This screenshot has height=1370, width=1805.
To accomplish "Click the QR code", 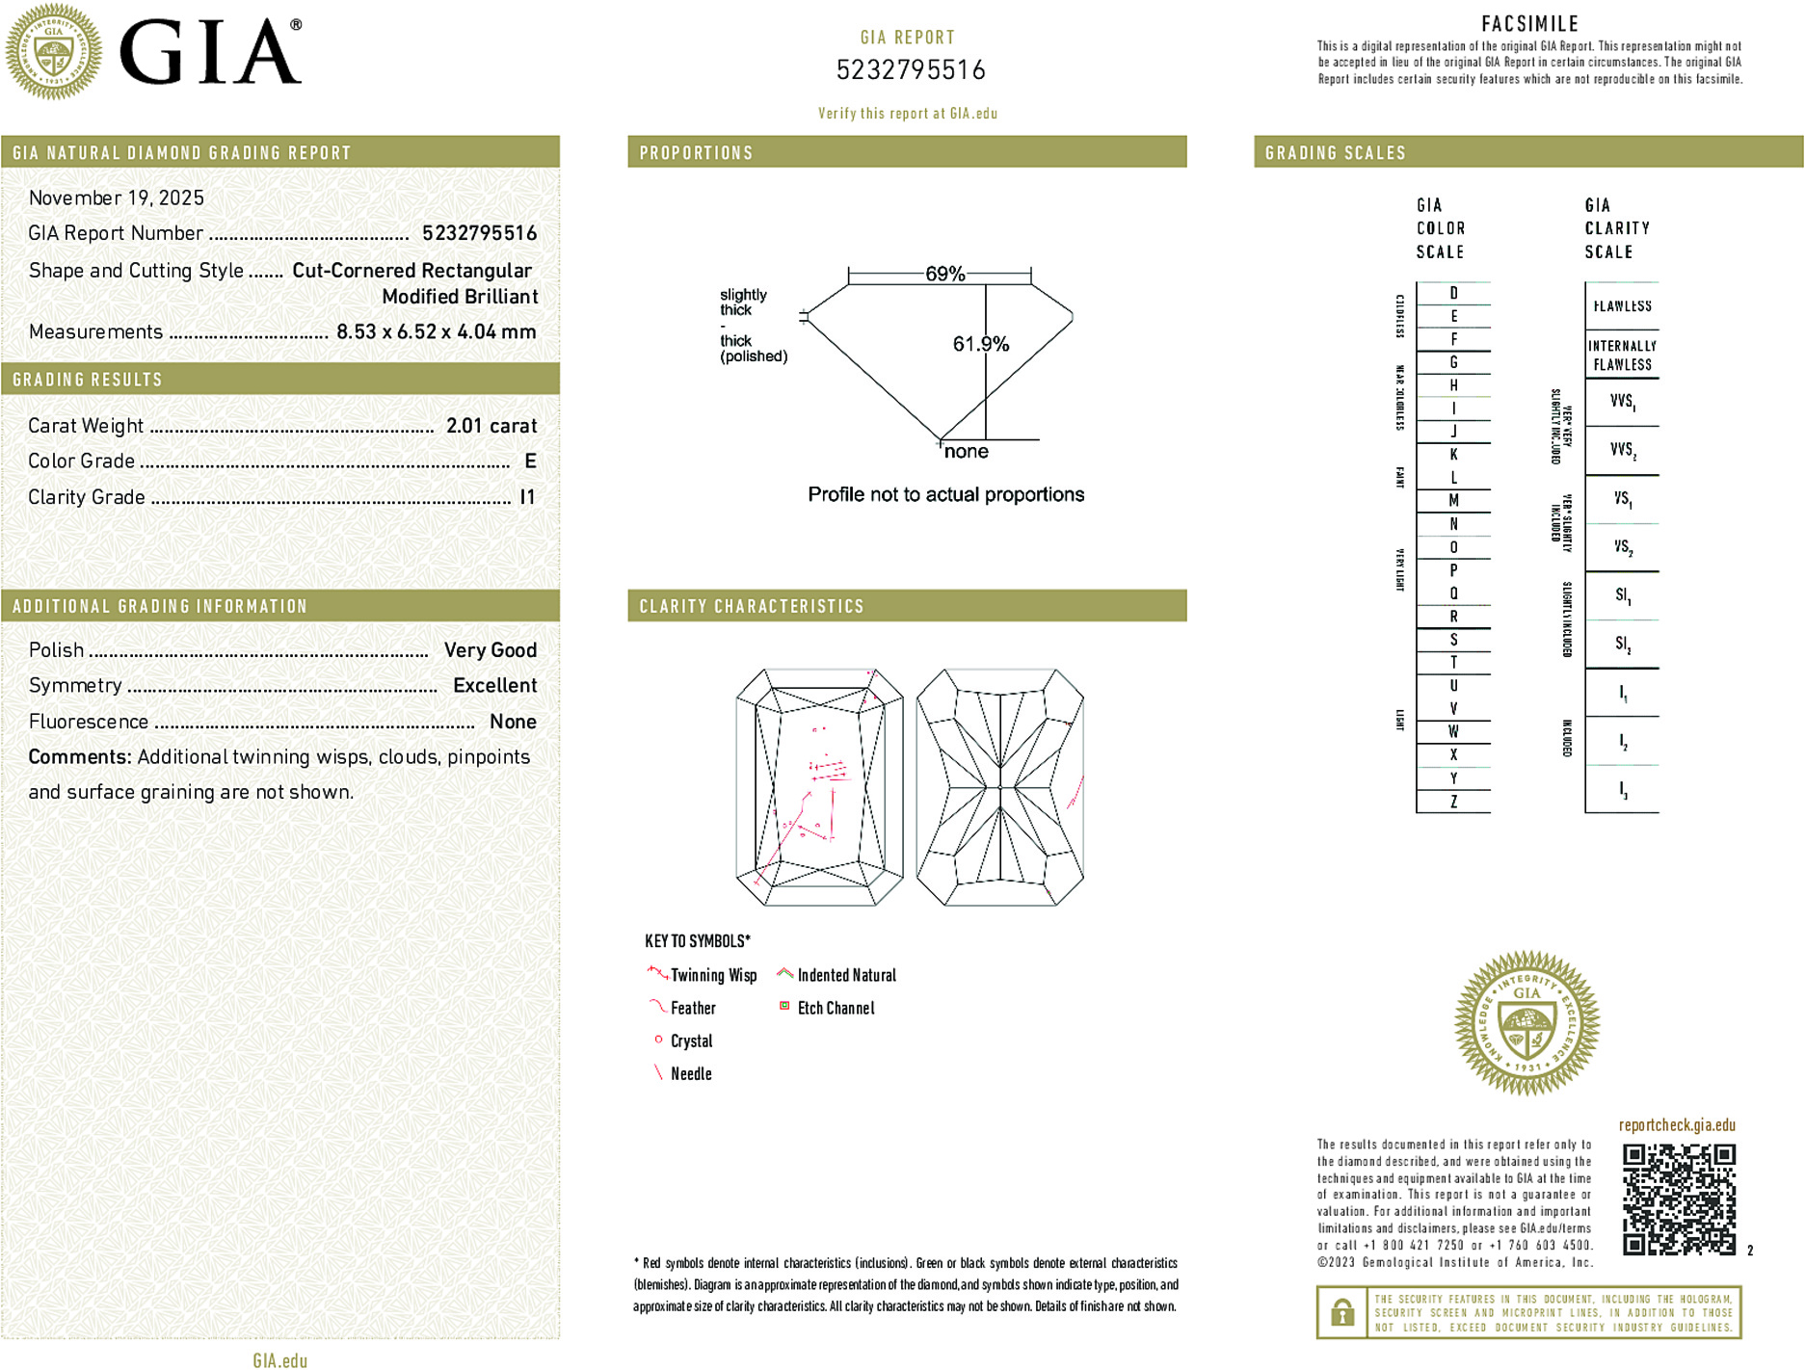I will coord(1678,1199).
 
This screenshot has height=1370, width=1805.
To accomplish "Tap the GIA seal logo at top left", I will coord(53,51).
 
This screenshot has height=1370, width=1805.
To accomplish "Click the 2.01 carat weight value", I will coord(491,426).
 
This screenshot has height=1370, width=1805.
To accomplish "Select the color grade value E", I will coord(530,461).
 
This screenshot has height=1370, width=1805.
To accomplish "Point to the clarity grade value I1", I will coord(527,497).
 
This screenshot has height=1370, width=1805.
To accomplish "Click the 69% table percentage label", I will coord(944,274).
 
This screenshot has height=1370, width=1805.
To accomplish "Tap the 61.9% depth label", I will coord(980,344).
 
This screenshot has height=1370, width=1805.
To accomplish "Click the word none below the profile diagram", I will coord(966,452).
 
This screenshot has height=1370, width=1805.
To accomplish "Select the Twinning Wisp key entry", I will coord(712,975).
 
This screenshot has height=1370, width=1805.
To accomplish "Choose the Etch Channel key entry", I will coord(835,1008).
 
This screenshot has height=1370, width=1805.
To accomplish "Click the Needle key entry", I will coord(690,1073).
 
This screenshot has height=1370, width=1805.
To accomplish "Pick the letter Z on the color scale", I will coord(1453,802).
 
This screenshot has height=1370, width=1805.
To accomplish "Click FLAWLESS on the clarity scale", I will coord(1622,306).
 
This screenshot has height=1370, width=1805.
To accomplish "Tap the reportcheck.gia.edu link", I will coord(1677,1125).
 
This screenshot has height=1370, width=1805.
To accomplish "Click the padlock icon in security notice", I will coord(1341,1312).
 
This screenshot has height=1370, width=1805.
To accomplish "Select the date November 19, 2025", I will coord(117,198).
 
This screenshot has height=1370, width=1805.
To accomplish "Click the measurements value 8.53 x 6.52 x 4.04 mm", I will coord(436,331).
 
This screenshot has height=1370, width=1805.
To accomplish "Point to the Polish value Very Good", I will coord(490,650).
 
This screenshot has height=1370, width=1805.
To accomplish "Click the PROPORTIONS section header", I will coord(696,153).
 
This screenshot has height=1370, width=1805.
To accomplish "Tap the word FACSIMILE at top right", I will coord(1529,23).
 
